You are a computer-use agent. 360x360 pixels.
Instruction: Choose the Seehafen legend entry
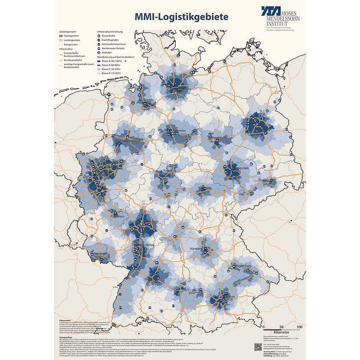[108, 52]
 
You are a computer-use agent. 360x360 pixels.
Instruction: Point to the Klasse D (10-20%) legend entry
[111, 74]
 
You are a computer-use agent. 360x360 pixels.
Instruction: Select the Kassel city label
[165, 170]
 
